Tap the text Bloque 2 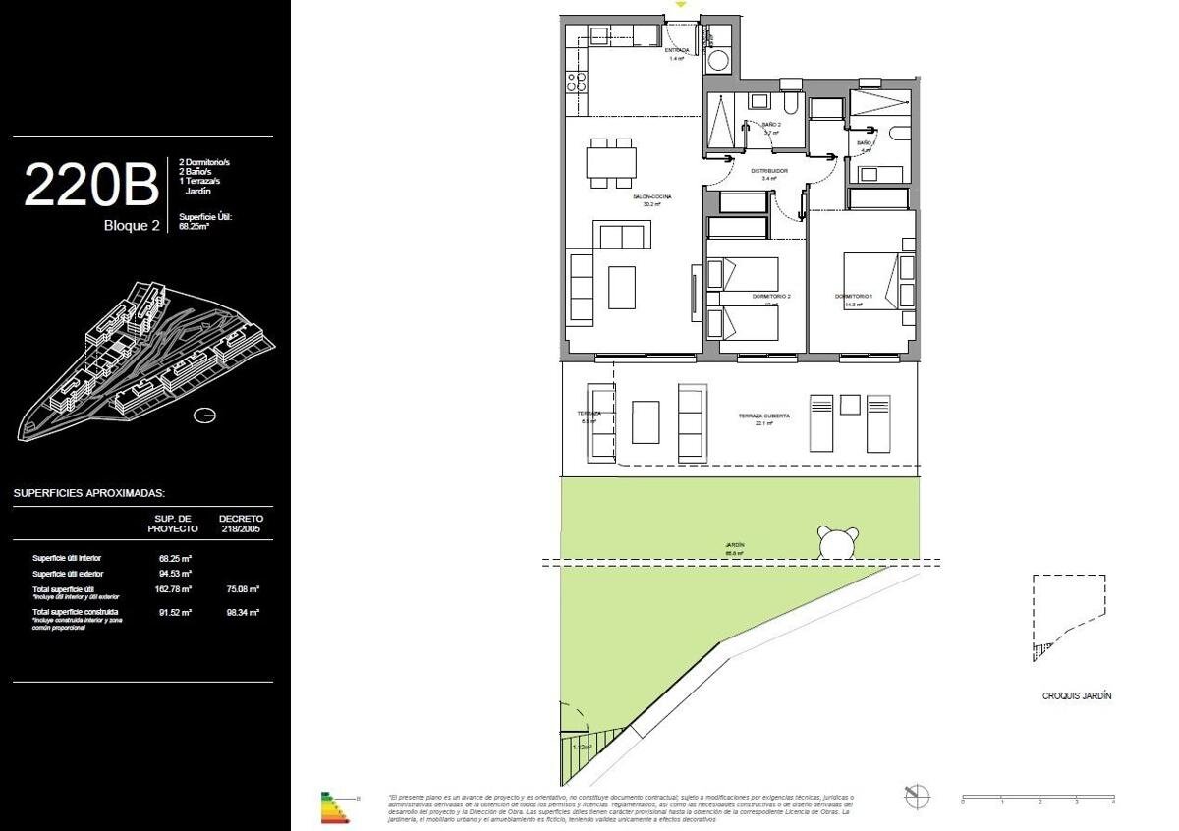click(132, 225)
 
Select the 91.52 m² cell click(174, 612)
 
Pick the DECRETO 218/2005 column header click(241, 523)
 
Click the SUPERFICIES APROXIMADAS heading click(89, 493)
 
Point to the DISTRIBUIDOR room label click(770, 171)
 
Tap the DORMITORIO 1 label click(854, 296)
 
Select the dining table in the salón click(609, 161)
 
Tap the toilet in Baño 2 click(792, 104)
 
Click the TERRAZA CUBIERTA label click(763, 416)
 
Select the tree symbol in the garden click(836, 541)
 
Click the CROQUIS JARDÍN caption click(1077, 695)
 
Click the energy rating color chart click(335, 806)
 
